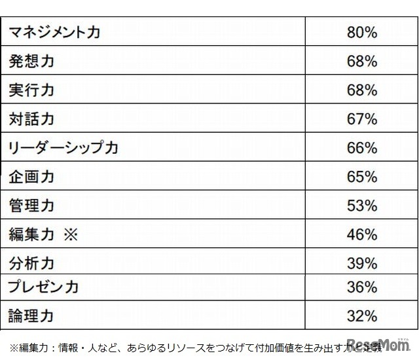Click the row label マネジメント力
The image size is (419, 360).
55,32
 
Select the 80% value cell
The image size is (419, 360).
362,32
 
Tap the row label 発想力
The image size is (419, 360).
31,62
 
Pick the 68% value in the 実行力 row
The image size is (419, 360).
362,90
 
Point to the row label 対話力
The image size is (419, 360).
31,119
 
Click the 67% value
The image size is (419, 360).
362,119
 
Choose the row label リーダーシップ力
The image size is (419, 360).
64,148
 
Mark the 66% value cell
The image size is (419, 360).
362,148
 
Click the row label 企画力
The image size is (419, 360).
31,177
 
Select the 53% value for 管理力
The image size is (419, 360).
362,206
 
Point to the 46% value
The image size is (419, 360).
362,234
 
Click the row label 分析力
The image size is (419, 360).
31,264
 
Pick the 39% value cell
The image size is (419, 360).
362,264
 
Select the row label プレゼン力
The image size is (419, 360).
44,287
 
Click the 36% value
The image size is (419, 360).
362,287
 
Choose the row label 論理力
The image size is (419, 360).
31,317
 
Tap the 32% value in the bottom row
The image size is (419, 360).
362,317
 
